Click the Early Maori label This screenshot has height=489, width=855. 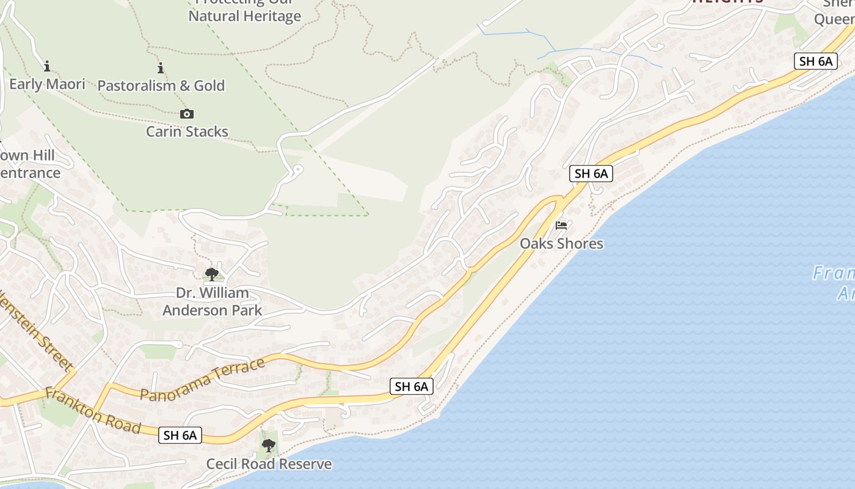click(x=47, y=84)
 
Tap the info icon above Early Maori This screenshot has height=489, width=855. click(x=47, y=66)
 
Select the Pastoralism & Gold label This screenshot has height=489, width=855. click(x=161, y=86)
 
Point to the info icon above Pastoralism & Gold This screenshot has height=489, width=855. click(x=161, y=68)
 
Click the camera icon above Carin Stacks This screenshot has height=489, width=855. click(x=187, y=114)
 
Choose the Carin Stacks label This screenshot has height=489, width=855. click(x=187, y=131)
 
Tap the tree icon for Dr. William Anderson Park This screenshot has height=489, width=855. click(x=212, y=274)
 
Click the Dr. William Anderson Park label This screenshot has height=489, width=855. click(x=212, y=301)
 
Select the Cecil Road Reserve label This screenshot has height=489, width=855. click(x=269, y=464)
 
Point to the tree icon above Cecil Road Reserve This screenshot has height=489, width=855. click(x=268, y=445)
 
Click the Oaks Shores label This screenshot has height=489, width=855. click(x=561, y=244)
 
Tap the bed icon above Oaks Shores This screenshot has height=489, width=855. click(x=561, y=226)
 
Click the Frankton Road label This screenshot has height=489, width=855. click(x=93, y=411)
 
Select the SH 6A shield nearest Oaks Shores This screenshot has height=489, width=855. click(x=591, y=174)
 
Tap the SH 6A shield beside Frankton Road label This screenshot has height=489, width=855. click(x=180, y=435)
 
